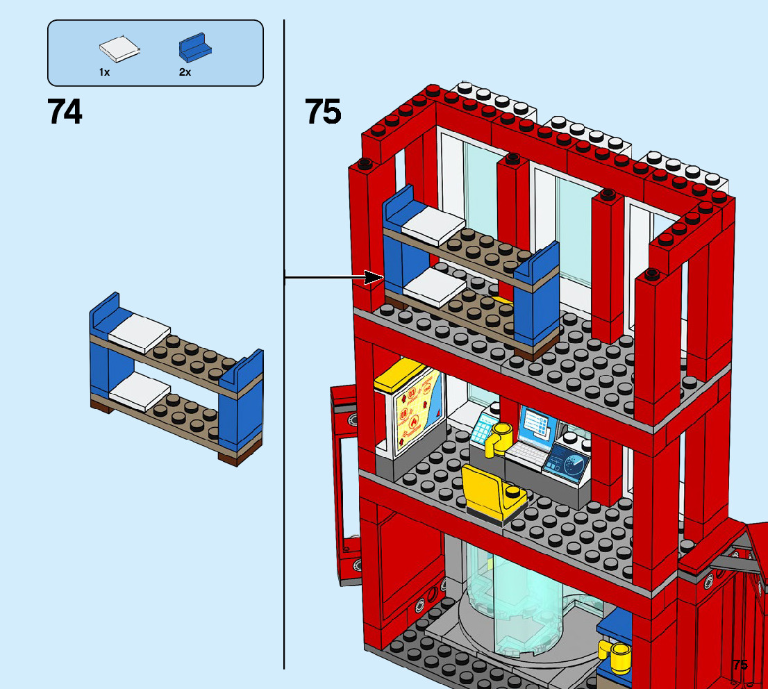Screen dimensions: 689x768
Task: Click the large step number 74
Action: pyautogui.click(x=65, y=111)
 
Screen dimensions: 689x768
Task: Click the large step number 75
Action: pyautogui.click(x=323, y=111)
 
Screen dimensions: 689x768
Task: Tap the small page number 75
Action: pyautogui.click(x=740, y=665)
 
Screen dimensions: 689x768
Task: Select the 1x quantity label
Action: pyautogui.click(x=104, y=72)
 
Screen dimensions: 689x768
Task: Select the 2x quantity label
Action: pyautogui.click(x=185, y=72)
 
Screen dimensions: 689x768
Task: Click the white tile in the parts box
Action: pyautogui.click(x=119, y=49)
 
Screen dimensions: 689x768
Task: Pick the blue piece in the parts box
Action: pyautogui.click(x=194, y=47)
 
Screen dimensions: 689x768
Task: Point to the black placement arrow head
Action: pyautogui.click(x=376, y=278)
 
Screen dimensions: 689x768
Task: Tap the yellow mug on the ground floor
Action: pyautogui.click(x=617, y=655)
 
